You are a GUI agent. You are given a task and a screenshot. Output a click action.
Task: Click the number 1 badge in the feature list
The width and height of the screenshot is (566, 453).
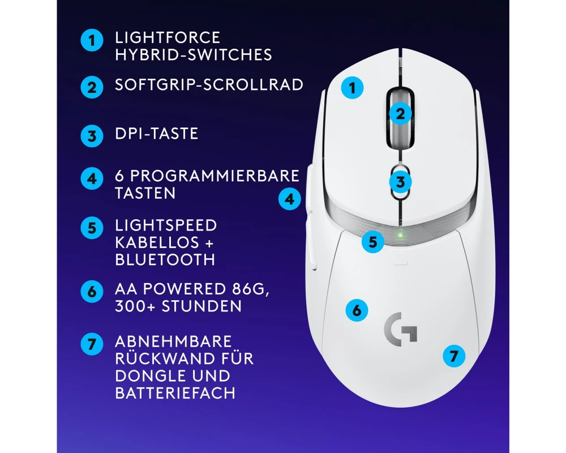(92, 40)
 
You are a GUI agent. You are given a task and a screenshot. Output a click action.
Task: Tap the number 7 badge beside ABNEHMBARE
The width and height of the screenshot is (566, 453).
(92, 344)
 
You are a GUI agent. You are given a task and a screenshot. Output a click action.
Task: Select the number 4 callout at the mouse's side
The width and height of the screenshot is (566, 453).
(289, 199)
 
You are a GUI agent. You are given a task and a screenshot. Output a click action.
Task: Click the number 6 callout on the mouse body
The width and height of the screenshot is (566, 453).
(357, 310)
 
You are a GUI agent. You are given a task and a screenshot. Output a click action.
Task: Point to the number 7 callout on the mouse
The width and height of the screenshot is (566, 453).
(454, 356)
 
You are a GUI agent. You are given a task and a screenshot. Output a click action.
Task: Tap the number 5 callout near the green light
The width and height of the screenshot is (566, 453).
(373, 242)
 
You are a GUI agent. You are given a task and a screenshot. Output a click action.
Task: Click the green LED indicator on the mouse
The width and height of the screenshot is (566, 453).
(400, 235)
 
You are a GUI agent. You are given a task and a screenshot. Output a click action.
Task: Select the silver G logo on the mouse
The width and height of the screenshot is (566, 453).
(400, 329)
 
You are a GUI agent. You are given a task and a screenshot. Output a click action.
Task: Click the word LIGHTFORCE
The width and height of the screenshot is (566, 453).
(168, 37)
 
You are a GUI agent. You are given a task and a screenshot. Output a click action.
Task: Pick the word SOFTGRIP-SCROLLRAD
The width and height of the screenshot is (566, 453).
(209, 84)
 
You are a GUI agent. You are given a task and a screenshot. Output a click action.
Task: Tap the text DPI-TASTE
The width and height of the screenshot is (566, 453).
(156, 133)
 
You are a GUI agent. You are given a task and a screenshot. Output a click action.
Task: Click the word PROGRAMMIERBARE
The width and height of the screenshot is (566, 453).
(215, 176)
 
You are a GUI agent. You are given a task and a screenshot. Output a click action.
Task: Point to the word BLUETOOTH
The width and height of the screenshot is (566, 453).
(165, 260)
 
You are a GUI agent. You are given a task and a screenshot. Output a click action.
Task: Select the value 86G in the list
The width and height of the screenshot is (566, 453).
(248, 289)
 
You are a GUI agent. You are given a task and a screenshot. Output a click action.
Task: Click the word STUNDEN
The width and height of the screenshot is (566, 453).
(201, 306)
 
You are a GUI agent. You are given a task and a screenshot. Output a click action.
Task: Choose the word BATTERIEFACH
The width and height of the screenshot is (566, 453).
(175, 392)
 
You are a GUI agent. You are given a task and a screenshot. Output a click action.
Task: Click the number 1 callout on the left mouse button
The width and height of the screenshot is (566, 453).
(352, 87)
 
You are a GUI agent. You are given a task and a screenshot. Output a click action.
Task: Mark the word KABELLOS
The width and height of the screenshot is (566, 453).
(157, 242)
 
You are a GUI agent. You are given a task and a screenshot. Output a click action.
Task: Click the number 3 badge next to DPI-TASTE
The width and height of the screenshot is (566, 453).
(92, 136)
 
